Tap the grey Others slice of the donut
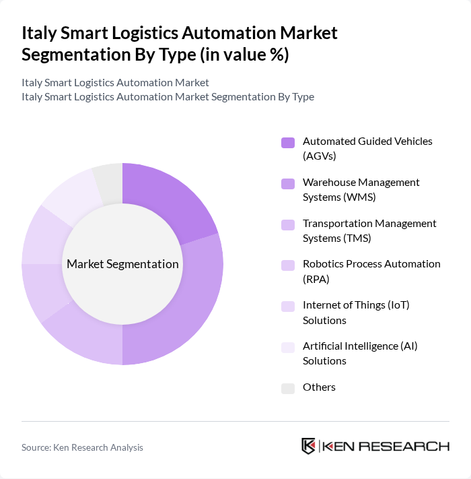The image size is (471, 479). point(108,182)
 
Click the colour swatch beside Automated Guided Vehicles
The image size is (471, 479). point(288,142)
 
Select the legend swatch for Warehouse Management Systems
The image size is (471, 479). point(288,183)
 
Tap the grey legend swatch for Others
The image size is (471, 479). point(288,387)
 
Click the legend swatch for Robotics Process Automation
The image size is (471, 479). point(288,265)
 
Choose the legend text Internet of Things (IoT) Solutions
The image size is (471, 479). point(356,313)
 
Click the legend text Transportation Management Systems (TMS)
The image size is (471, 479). point(369,230)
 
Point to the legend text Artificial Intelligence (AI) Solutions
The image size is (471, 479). point(360,353)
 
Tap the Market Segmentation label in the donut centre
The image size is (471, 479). point(122,264)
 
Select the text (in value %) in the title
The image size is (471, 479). point(243,54)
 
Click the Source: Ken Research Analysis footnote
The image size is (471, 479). point(82,447)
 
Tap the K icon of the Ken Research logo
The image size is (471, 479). point(309,446)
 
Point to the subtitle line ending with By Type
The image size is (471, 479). point(168,96)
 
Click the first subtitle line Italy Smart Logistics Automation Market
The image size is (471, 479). point(115,82)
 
